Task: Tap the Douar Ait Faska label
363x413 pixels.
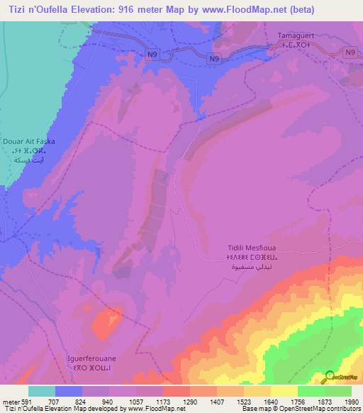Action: click(29, 141)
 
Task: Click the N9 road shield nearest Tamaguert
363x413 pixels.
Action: click(349, 53)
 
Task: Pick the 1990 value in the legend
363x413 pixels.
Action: click(350, 402)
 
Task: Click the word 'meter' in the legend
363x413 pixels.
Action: click(10, 402)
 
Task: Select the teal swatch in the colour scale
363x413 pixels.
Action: click(42, 391)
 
